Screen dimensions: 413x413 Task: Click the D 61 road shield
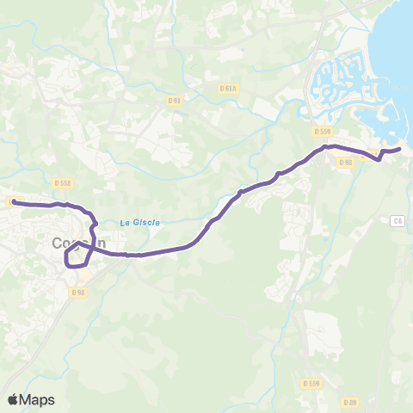point(175,100)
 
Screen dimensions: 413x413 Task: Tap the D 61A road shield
point(228,88)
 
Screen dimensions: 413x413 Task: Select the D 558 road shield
point(62,182)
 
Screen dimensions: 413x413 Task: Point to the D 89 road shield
point(349,402)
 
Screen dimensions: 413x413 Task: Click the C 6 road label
point(397,221)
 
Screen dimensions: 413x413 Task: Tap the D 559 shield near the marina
point(324,132)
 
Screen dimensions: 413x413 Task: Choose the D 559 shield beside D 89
point(311,383)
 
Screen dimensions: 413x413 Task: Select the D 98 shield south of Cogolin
point(78,292)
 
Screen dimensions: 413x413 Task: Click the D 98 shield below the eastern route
point(346,162)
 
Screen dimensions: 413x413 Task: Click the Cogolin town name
point(78,243)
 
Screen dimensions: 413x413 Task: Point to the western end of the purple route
point(14,202)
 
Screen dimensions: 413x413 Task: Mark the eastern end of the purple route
point(399,150)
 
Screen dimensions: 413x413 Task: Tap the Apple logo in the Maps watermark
point(13,399)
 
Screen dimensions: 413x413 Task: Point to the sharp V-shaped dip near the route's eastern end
point(380,159)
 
